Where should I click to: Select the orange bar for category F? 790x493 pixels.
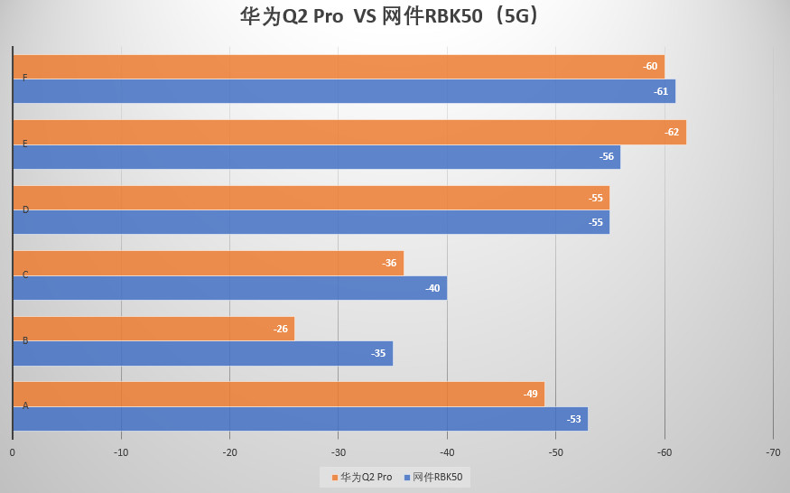339,67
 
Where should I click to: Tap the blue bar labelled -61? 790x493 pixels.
344,91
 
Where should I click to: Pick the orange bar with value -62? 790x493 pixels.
349,132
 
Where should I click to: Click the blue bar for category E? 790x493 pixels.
316,157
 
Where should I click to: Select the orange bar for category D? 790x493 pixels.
311,198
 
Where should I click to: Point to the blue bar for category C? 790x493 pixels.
229,288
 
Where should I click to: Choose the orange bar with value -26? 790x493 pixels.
153,329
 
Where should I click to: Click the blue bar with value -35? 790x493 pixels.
202,353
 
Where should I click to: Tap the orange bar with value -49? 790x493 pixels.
278,394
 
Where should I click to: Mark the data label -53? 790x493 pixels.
574,419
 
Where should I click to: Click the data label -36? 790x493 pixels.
389,264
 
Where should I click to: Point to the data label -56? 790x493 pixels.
607,157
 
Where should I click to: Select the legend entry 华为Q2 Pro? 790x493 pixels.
362,477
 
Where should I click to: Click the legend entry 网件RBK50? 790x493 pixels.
437,477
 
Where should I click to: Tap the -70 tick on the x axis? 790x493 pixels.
773,452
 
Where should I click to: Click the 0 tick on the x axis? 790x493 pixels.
13,452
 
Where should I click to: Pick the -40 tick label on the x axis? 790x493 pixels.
447,452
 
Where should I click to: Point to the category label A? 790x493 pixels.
25,406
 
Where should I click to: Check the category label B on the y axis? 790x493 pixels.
25,340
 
